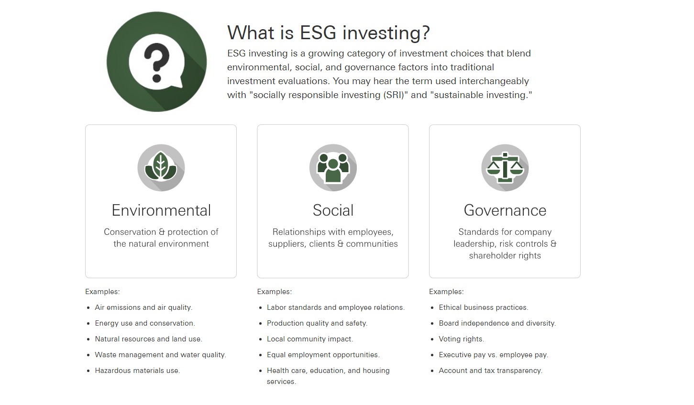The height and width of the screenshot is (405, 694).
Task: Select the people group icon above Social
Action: pos(333,167)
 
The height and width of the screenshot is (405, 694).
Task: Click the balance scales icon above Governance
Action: pos(505,167)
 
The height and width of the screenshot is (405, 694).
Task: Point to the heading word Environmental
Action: pos(161,210)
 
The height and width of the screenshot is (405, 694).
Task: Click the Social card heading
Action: pos(333,210)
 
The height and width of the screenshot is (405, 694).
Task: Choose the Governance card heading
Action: pos(505,210)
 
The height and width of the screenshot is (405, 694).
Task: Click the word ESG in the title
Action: pos(318,32)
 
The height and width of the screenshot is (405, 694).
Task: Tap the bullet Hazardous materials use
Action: pos(137,370)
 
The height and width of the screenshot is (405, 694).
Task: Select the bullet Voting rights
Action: pos(462,339)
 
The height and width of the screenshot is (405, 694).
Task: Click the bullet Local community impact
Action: pos(310,339)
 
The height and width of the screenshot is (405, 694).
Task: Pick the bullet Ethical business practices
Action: pos(484,307)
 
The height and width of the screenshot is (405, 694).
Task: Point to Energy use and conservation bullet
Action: pos(145,323)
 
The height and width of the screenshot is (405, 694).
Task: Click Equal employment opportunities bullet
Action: pos(323,355)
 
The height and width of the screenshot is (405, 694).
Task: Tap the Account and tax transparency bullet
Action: pos(490,371)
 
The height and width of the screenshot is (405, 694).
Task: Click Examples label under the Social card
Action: pos(274,292)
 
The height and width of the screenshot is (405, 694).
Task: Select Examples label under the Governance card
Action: pos(446,292)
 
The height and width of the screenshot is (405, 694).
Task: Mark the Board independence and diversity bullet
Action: pos(497,323)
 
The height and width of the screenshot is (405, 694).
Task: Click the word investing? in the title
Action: pos(386,33)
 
